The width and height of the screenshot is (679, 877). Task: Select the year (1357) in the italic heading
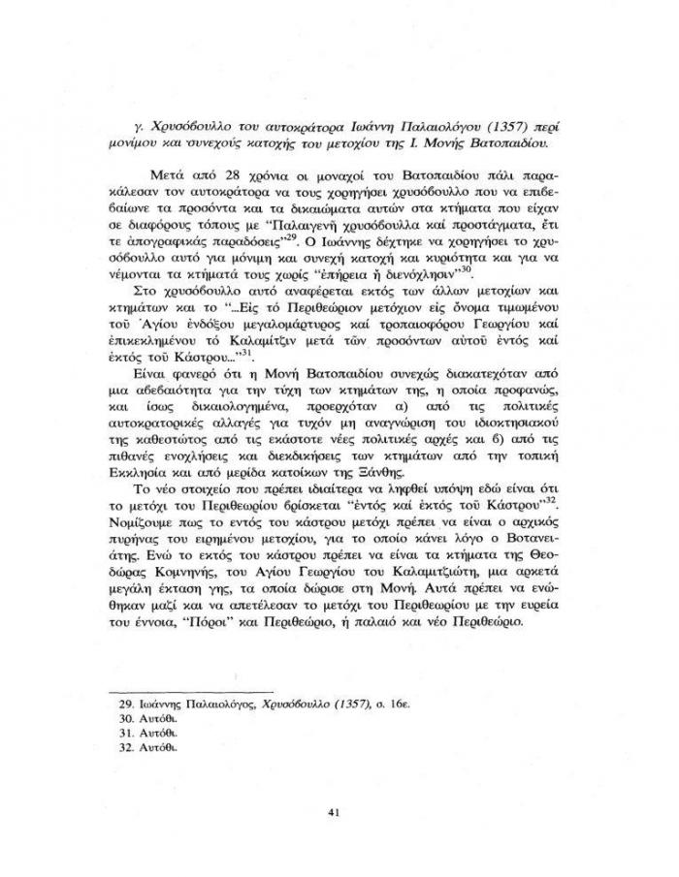[470, 126]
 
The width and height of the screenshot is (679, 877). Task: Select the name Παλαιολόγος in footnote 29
[216, 696]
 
